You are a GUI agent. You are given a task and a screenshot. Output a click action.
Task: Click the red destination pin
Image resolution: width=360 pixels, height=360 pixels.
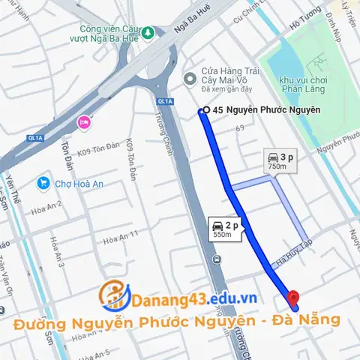click(294, 298)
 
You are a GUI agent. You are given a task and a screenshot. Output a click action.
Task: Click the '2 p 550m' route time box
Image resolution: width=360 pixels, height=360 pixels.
click(224, 228)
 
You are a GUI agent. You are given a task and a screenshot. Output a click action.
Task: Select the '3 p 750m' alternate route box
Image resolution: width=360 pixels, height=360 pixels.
click(279, 161)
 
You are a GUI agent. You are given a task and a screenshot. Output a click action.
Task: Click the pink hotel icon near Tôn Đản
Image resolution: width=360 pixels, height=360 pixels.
click(83, 121)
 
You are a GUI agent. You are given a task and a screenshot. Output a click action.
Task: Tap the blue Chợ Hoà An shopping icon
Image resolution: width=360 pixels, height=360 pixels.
click(43, 183)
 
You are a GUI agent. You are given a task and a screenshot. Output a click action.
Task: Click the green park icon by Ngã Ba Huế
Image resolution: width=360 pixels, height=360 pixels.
click(148, 32)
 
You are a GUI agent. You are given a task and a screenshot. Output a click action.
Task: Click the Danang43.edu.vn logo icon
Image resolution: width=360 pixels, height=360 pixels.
click(113, 295)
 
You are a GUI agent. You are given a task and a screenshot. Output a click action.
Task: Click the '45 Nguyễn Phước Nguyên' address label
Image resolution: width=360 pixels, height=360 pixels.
click(266, 110)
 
